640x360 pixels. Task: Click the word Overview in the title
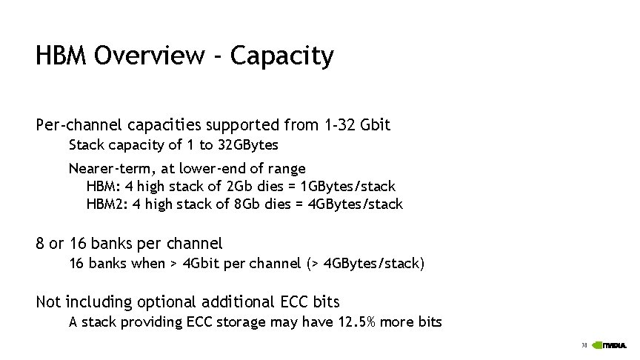pyautogui.click(x=158, y=56)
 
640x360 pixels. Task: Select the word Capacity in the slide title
pyautogui.click(x=281, y=56)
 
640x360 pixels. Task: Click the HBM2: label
pyautogui.click(x=107, y=204)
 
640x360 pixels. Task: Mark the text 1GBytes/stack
pyautogui.click(x=346, y=186)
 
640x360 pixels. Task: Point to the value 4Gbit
pyautogui.click(x=202, y=263)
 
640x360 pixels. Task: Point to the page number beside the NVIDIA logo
pyautogui.click(x=584, y=344)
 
